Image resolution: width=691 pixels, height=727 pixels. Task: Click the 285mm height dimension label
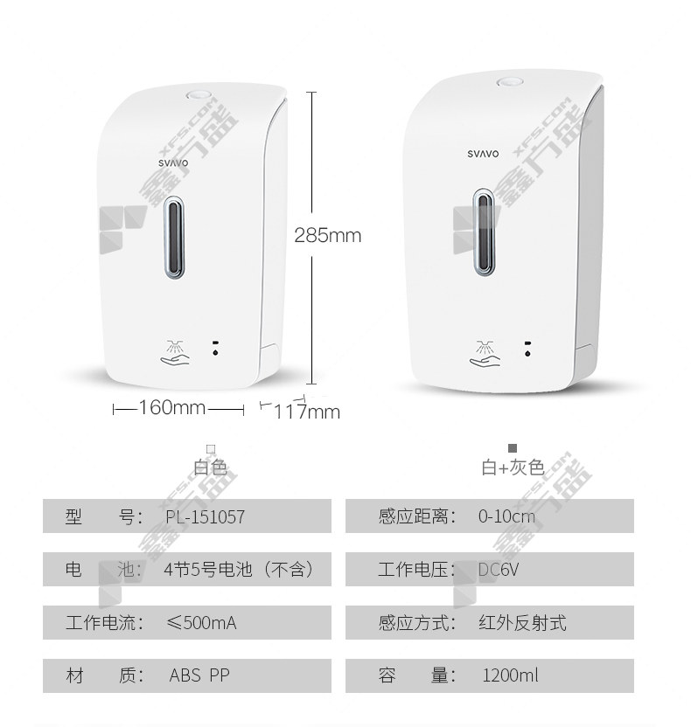pyautogui.click(x=328, y=235)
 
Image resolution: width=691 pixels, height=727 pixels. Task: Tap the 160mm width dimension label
pyautogui.click(x=171, y=407)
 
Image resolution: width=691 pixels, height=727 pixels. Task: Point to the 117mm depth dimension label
pyautogui.click(x=307, y=412)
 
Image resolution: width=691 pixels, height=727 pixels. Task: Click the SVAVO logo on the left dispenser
pyautogui.click(x=173, y=163)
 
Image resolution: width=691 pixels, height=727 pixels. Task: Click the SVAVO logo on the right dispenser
pyautogui.click(x=483, y=154)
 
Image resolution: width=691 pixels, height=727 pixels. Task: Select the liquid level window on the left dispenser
pyautogui.click(x=174, y=238)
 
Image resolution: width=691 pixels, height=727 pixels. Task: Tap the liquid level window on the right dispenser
pyautogui.click(x=484, y=232)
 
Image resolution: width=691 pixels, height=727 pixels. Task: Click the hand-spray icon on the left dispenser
pyautogui.click(x=175, y=353)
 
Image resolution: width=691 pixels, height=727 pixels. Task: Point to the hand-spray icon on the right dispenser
pyautogui.click(x=485, y=354)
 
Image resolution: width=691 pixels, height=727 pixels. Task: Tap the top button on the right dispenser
pyautogui.click(x=510, y=82)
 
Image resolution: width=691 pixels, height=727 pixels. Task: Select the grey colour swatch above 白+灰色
pyautogui.click(x=513, y=448)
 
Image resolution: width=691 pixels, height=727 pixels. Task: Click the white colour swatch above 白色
pyautogui.click(x=211, y=448)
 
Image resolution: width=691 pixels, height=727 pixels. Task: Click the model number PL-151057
pyautogui.click(x=206, y=516)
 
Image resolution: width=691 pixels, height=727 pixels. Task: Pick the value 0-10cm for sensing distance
pyautogui.click(x=506, y=516)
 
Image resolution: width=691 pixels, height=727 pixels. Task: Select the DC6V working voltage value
pyautogui.click(x=498, y=570)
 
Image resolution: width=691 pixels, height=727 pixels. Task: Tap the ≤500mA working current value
pyautogui.click(x=201, y=623)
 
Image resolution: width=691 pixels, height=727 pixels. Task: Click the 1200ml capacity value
pyautogui.click(x=511, y=675)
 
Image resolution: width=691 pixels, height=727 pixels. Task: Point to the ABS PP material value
pyautogui.click(x=199, y=675)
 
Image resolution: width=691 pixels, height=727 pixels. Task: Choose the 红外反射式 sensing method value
pyautogui.click(x=522, y=623)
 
